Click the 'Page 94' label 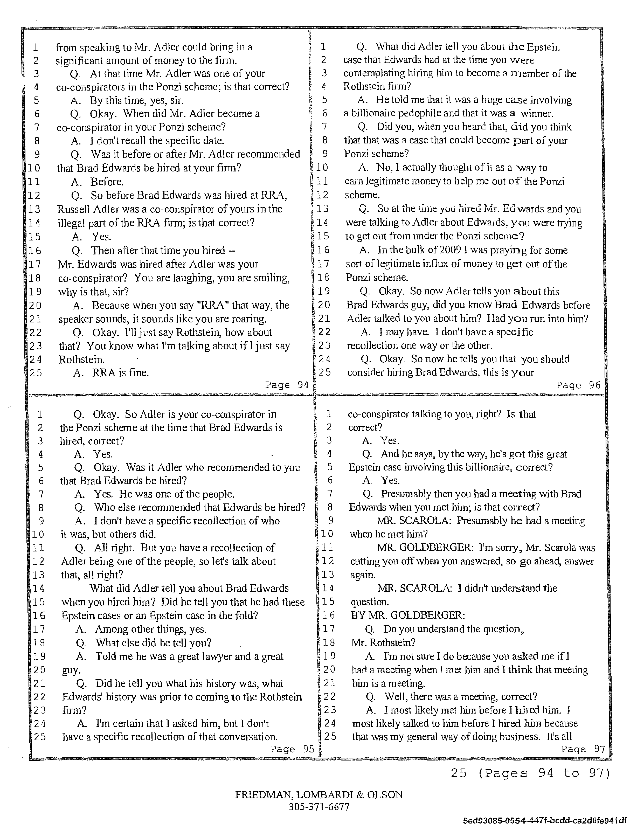pos(286,385)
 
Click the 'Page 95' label pos(292,749)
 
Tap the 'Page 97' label pos(583,749)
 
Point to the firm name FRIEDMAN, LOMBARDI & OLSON pos(319,794)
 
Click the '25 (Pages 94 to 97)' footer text pos(530,773)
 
